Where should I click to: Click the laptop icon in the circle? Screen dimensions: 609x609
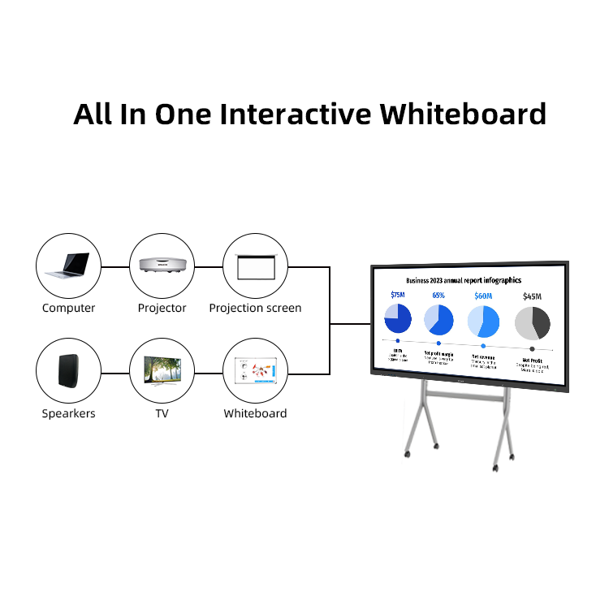tap(68, 265)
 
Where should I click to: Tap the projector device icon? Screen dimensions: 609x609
tap(162, 266)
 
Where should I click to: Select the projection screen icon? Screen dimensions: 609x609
tap(256, 266)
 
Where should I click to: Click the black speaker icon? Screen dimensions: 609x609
tap(68, 371)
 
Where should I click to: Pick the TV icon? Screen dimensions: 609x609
tap(162, 371)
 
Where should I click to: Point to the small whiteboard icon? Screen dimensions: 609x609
tap(256, 372)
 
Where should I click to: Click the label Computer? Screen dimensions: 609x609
tap(68, 309)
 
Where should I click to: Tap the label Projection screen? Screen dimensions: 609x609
tap(255, 309)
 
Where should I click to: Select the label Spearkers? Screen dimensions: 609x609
tap(68, 413)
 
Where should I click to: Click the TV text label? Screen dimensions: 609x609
tap(162, 413)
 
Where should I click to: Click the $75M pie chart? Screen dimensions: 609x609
tap(397, 318)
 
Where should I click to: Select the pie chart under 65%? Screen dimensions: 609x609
tap(439, 319)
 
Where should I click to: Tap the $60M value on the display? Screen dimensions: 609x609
tap(483, 296)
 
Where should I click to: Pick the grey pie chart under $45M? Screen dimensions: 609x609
tap(532, 322)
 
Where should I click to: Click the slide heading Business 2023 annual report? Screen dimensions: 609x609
tap(464, 280)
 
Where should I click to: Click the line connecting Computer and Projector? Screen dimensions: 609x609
tap(115, 266)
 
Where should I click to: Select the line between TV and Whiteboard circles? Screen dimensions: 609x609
tap(209, 373)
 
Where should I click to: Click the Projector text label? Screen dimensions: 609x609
tap(162, 309)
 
